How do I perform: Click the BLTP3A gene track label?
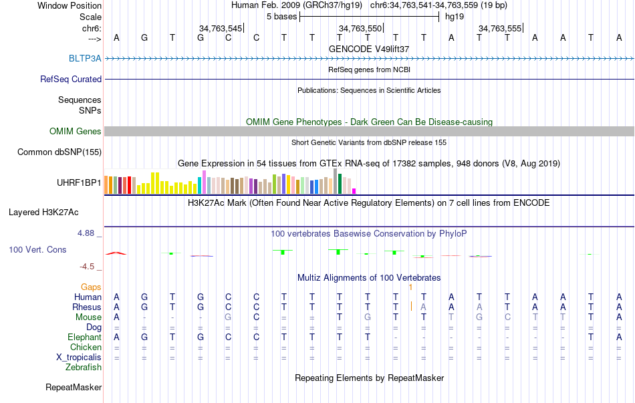(85, 58)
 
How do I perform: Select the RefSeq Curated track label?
(71, 79)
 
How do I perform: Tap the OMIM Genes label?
(76, 132)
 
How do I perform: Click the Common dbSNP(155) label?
(59, 152)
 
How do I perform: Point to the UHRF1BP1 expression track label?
(80, 182)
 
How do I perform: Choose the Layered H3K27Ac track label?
(43, 213)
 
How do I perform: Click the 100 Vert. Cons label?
(37, 249)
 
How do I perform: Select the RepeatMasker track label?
(74, 387)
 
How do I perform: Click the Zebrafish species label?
(84, 367)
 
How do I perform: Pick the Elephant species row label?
(85, 337)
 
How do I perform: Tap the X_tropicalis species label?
(79, 357)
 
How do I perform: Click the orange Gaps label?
(91, 287)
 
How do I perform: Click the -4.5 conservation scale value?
(90, 266)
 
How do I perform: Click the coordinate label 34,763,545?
(221, 28)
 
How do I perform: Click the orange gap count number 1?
(410, 287)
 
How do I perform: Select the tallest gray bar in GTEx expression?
(335, 180)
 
